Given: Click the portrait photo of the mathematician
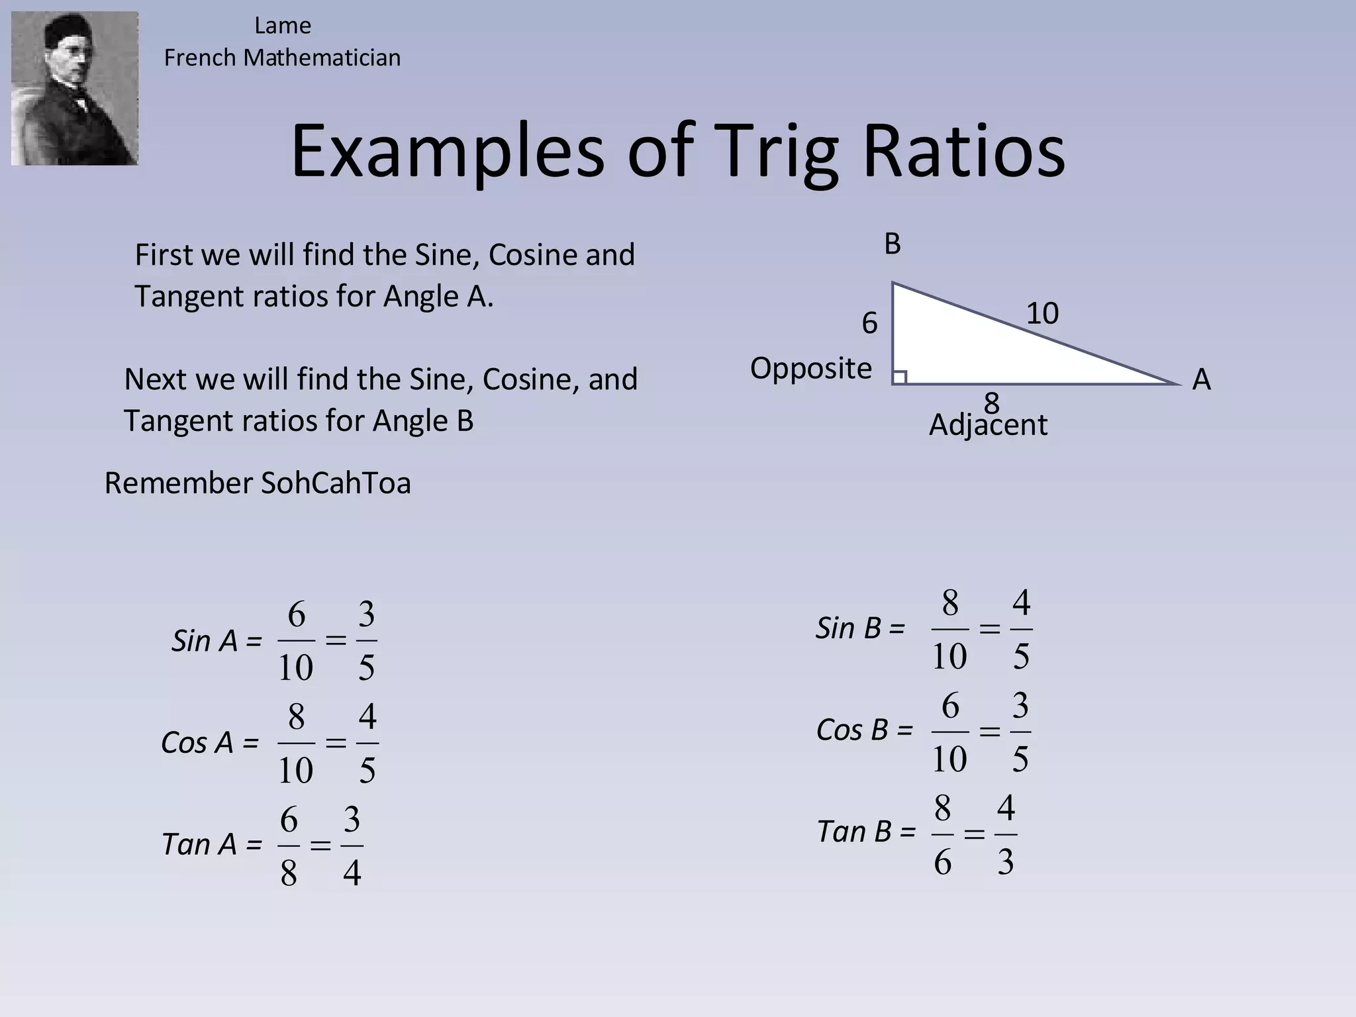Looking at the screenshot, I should click(74, 88).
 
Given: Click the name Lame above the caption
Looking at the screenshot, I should click(283, 26).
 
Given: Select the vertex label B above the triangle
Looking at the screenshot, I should click(893, 244).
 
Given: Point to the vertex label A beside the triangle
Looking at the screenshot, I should click(1201, 380).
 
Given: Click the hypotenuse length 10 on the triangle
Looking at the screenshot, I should click(1042, 313).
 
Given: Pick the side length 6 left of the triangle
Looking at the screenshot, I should click(869, 323).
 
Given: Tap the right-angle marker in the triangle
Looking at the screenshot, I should click(899, 377).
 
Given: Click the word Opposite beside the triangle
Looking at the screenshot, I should click(810, 368).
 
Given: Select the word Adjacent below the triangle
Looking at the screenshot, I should click(988, 425).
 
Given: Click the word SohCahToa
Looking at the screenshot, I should click(336, 483).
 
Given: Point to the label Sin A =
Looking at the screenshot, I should click(217, 641).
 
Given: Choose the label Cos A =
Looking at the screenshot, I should click(209, 743).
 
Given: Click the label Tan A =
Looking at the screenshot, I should click(211, 845).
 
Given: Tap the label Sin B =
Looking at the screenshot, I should click(859, 628).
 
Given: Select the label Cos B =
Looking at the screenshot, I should click(864, 730).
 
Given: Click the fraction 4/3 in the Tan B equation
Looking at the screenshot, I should click(1006, 834).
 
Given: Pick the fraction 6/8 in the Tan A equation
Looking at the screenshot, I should click(289, 846).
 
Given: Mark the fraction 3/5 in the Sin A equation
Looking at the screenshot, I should click(367, 641).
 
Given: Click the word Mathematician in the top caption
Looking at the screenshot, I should click(322, 58).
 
